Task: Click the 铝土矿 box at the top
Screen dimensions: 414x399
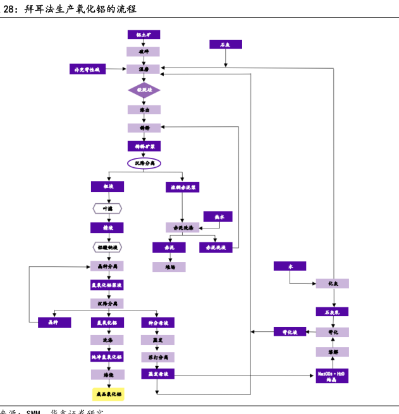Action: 143,35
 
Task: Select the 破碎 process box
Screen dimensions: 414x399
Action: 143,52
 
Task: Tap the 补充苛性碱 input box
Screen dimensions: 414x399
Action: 87,69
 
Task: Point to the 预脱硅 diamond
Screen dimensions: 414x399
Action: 144,90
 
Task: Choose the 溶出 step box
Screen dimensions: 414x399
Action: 144,109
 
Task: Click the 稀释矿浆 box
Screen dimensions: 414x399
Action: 144,146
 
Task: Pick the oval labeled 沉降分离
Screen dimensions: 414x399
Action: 144,163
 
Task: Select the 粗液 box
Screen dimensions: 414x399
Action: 107,187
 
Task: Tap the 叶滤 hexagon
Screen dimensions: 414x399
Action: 107,208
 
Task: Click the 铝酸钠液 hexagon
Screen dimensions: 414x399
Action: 107,247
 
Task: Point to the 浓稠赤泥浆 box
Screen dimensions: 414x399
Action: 182,187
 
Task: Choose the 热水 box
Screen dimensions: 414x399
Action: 218,216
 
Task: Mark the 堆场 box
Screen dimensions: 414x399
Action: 169,268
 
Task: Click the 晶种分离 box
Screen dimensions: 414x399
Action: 107,266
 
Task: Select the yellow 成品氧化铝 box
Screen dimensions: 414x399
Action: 108,394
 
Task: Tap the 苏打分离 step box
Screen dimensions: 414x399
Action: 157,357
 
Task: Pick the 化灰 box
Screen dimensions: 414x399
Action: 333,284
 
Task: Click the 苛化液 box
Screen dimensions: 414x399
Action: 290,332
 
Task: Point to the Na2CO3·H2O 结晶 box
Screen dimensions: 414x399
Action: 332,375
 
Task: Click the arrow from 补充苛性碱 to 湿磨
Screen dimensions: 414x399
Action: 116,69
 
